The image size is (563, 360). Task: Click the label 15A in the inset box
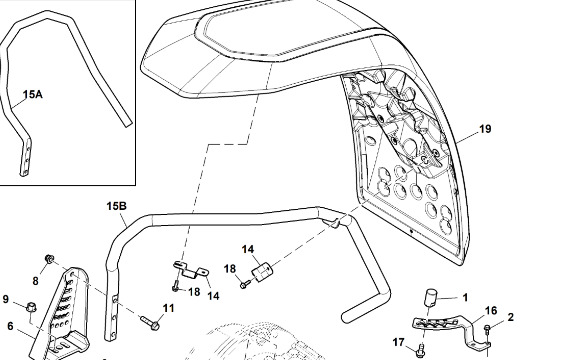[x=32, y=94]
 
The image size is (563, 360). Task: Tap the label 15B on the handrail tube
[x=116, y=206]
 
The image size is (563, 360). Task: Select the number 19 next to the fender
[x=485, y=129]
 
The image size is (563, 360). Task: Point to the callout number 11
[x=168, y=308]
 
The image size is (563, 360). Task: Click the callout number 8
[x=35, y=281]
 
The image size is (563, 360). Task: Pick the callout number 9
[x=6, y=299]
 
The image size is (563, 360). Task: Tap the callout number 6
[x=10, y=326]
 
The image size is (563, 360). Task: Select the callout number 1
[x=465, y=298]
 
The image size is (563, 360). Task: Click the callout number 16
[x=491, y=311]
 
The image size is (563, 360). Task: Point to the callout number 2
[x=511, y=317]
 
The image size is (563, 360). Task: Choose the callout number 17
[x=399, y=342]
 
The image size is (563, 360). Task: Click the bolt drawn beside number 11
[x=150, y=322]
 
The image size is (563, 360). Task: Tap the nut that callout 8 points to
[x=49, y=258]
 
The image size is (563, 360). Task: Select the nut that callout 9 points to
[x=31, y=307]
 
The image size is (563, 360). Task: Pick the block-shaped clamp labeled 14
[x=263, y=272]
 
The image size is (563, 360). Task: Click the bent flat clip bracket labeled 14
[x=191, y=270]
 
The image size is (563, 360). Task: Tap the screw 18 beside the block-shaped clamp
[x=245, y=285]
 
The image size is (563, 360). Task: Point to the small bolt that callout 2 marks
[x=488, y=328]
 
